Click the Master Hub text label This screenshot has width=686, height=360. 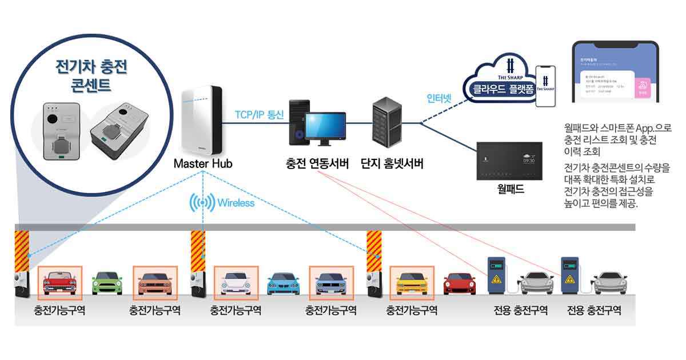pos(203,163)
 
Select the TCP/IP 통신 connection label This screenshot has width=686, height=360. pos(259,114)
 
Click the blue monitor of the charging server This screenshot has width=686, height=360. pos(324,127)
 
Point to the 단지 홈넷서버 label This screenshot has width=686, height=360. pos(392,164)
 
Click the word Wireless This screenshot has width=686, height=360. pos(236,203)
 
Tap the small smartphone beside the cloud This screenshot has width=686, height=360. pos(545,86)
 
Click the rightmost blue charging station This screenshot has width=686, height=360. pos(571,275)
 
